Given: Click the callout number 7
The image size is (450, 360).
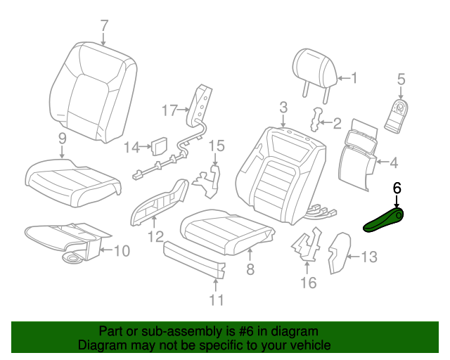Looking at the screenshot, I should pos(104,26).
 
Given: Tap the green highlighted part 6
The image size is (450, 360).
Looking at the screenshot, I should pos(383,219).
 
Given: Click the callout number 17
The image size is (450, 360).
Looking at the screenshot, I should pos(169,110).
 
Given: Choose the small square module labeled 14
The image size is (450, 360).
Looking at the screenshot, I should pos(160,146).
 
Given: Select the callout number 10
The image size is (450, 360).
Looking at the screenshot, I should pos(121,250).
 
